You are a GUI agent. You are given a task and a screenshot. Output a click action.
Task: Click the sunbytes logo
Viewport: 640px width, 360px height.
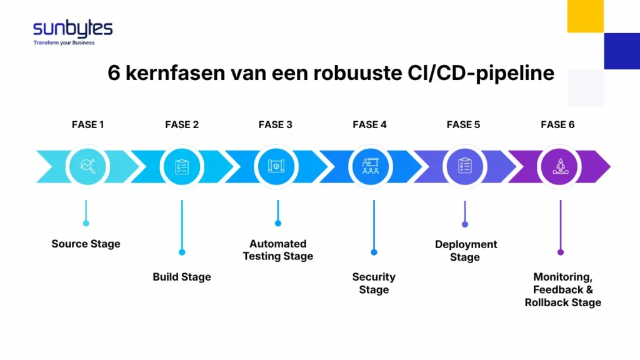[x=72, y=29]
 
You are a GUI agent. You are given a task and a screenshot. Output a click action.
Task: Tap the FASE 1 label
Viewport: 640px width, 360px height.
[x=88, y=124]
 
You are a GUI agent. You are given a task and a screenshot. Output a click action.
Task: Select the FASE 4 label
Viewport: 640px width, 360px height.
[x=369, y=124]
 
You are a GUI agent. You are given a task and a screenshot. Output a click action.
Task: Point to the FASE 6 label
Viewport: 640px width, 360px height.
[x=557, y=124]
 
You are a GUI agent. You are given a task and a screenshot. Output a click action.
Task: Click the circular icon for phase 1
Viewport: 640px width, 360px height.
[x=88, y=166]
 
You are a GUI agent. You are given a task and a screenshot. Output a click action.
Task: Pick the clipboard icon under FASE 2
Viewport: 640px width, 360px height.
[x=182, y=166]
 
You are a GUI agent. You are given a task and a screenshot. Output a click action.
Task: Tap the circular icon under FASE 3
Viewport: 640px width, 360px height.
[x=276, y=166]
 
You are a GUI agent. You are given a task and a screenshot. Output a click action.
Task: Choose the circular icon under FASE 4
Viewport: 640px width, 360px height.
[x=370, y=166]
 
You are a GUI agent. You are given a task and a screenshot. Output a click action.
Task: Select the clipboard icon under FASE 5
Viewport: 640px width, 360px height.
[x=464, y=166]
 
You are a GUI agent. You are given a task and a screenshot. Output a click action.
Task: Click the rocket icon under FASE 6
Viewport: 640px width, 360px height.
[x=559, y=166]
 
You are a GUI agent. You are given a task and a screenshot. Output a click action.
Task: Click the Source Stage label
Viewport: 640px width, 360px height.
[x=86, y=244]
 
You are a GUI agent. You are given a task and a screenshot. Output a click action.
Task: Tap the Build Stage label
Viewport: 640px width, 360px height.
[x=182, y=277]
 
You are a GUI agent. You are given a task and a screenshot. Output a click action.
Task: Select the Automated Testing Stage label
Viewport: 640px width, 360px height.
[x=278, y=250]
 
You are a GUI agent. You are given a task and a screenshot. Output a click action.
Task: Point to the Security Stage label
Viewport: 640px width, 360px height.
[x=374, y=283]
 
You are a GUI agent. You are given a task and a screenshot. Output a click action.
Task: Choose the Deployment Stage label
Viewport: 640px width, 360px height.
[x=466, y=251]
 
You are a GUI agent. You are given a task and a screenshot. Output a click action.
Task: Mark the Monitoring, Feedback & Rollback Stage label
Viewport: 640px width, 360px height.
[x=562, y=289]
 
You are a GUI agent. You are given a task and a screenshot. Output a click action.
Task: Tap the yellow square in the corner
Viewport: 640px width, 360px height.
[x=585, y=16]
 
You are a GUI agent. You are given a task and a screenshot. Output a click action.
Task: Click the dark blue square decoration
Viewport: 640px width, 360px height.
[x=621, y=51]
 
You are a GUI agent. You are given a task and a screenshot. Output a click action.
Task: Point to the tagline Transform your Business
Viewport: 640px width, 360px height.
[x=64, y=43]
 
